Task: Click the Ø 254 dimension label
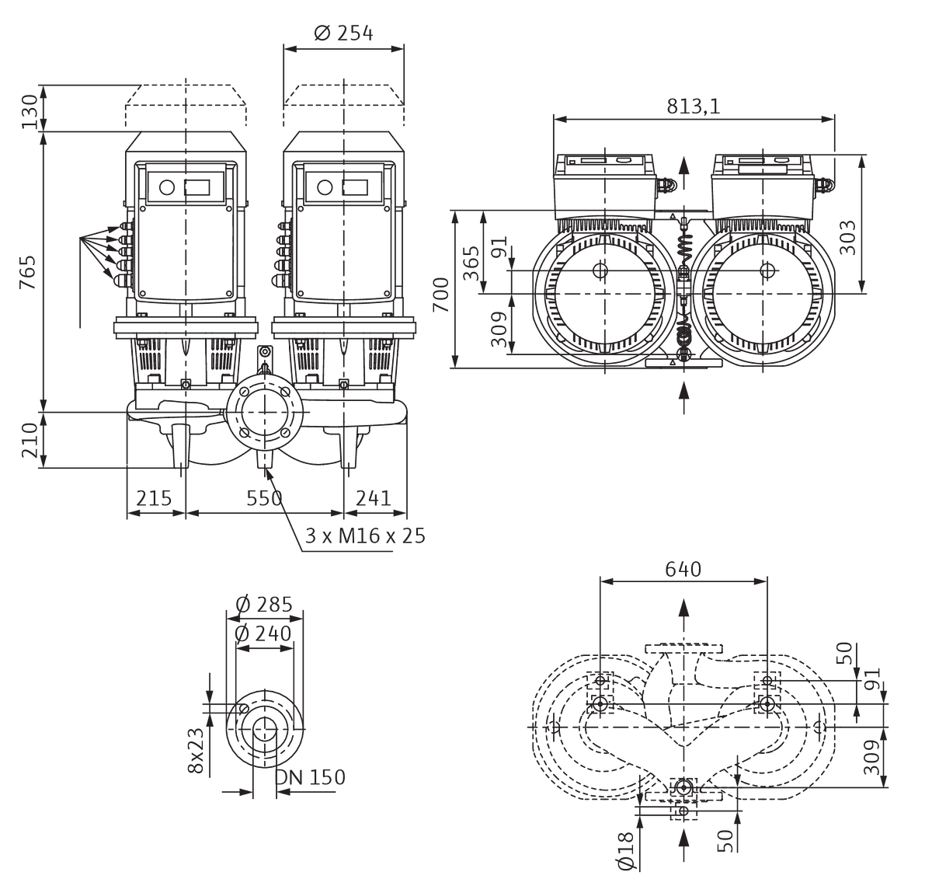click(343, 33)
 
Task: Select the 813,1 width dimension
click(694, 106)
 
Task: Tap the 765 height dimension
click(28, 272)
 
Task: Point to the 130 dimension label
click(30, 112)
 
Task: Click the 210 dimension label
click(30, 440)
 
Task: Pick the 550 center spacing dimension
click(264, 498)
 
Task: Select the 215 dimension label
click(154, 498)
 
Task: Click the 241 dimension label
click(374, 498)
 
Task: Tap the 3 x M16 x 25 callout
click(365, 536)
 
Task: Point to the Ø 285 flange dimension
click(264, 605)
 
